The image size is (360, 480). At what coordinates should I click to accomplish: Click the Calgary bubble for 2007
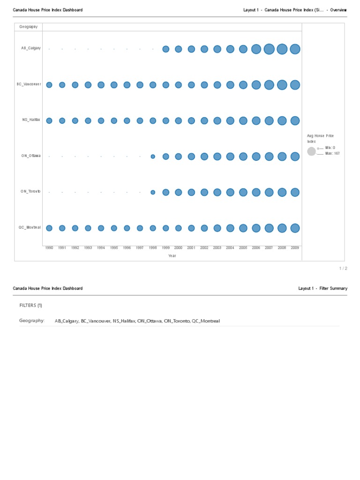269,49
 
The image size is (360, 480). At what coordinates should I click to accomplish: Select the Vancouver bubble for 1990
49,85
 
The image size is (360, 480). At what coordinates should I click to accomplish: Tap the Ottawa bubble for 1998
153,157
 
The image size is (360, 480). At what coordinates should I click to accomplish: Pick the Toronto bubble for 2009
295,192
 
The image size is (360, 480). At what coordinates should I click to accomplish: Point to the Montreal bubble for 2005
243,228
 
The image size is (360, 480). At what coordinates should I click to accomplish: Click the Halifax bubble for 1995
114,120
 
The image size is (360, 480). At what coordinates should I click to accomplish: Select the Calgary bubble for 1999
165,49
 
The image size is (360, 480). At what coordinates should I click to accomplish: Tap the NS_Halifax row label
31,120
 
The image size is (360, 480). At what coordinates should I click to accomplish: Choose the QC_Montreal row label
30,227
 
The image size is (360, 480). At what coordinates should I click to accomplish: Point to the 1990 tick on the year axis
49,247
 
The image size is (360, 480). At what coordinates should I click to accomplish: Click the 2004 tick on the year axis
230,247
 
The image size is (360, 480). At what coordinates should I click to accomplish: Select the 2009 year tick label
295,247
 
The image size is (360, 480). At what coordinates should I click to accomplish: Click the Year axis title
172,256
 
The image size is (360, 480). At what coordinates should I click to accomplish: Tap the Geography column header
28,27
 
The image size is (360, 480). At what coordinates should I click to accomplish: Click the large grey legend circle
311,151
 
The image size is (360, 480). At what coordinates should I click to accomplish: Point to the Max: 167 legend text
332,153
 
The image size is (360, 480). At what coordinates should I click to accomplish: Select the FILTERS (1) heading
30,305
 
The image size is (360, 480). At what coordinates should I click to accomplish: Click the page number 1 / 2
343,268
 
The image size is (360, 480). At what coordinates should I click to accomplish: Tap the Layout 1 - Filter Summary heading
322,288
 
